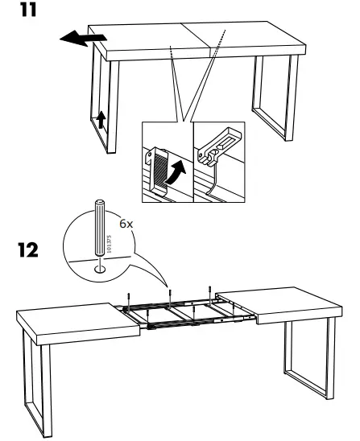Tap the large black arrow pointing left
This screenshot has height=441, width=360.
81,39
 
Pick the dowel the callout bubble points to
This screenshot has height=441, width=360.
171,292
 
